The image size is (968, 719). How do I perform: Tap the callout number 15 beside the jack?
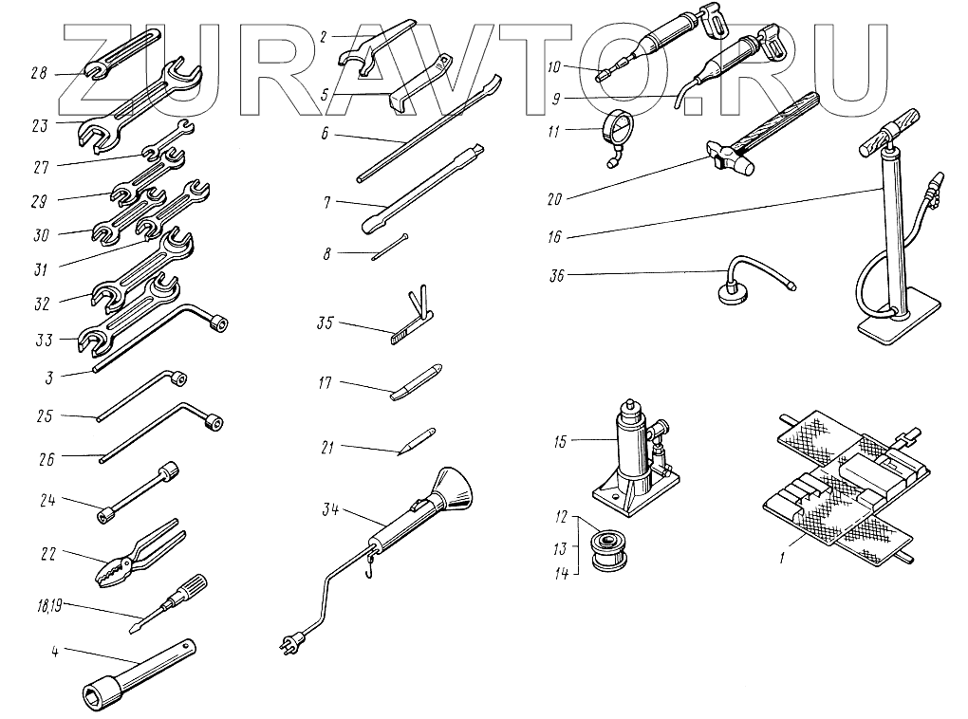[559, 442]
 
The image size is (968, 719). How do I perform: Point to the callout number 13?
[561, 548]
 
